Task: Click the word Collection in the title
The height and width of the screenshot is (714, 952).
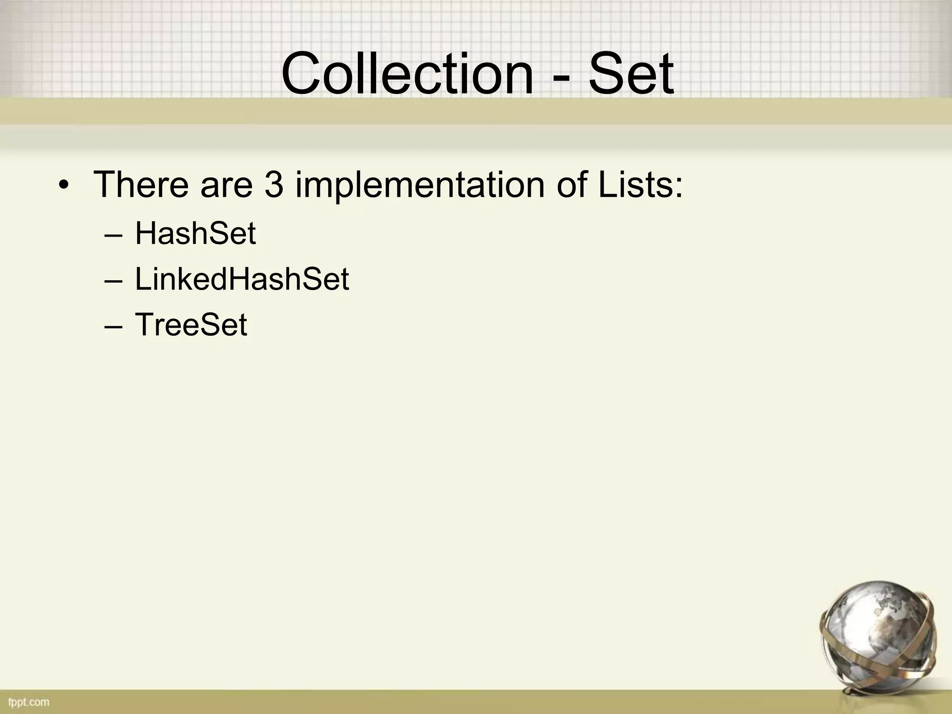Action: pyautogui.click(x=407, y=73)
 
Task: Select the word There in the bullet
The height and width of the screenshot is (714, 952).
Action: pyautogui.click(x=141, y=185)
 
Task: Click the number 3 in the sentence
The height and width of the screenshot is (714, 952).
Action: pyautogui.click(x=274, y=185)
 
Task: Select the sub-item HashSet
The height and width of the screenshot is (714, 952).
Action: pyautogui.click(x=195, y=233)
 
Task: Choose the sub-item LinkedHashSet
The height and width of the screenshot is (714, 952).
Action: pyautogui.click(x=242, y=279)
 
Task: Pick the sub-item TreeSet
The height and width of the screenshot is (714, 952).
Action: pyautogui.click(x=191, y=324)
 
